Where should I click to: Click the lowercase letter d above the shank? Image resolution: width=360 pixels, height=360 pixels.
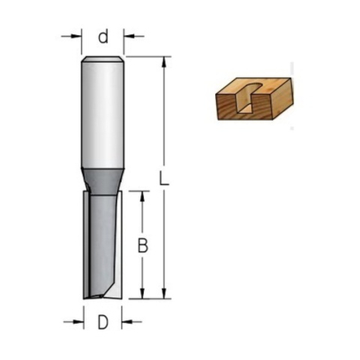click(103, 37)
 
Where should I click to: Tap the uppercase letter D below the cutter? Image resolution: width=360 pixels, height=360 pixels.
click(103, 321)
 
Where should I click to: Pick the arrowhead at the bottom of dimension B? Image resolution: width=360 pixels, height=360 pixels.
click(145, 295)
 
